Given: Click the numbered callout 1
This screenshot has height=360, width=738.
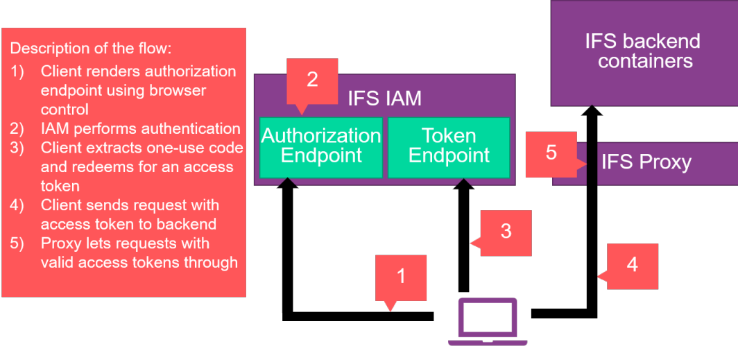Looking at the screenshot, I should [401, 277].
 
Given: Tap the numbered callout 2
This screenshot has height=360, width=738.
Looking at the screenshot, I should [312, 80].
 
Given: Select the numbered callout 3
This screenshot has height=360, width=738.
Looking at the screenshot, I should [506, 232].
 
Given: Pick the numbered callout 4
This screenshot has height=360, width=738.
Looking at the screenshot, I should [632, 265].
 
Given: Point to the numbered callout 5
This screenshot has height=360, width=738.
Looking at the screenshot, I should [551, 153].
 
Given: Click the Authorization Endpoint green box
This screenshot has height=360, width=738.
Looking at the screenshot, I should [321, 146].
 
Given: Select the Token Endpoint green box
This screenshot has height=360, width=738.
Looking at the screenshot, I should [449, 146].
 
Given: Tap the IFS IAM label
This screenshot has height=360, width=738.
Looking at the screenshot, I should [384, 98].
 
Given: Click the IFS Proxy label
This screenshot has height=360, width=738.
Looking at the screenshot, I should [646, 163].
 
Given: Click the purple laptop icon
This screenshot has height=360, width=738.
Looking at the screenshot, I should [487, 321].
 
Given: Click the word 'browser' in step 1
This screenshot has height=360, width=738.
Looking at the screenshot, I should [182, 89].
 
